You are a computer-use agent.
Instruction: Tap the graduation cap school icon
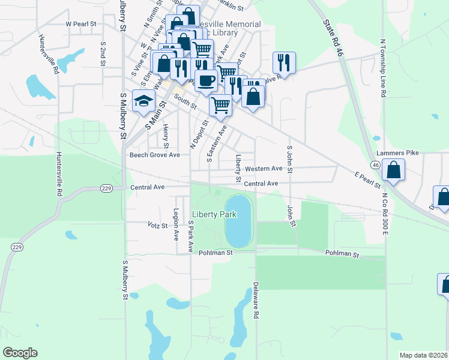144,103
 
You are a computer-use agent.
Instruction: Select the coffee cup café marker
206,80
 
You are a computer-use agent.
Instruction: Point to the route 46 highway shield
375,164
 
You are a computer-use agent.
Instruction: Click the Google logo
20,353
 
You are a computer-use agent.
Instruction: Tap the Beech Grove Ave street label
155,155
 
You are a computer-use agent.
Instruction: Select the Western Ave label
264,169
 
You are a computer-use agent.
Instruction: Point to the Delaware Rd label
256,300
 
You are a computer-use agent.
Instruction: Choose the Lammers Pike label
397,153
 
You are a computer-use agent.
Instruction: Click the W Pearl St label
82,25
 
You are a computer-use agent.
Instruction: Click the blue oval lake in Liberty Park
238,220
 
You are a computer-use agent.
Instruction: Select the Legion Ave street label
176,224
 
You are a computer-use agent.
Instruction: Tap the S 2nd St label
103,54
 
